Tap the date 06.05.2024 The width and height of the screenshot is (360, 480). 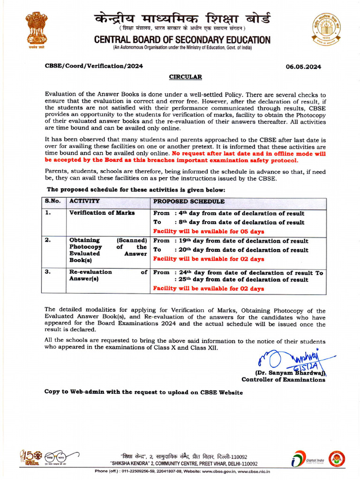point(303,67)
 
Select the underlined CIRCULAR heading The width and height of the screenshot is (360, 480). point(185,76)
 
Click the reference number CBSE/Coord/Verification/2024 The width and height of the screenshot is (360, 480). point(94,67)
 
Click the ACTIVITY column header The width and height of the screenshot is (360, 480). point(84,201)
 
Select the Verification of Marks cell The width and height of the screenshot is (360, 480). point(102,213)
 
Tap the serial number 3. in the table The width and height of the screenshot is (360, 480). point(48,272)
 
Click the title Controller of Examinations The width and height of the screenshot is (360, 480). point(283,380)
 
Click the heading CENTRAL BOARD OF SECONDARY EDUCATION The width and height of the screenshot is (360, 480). point(182,40)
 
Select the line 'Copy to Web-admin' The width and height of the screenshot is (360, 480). point(143,392)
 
